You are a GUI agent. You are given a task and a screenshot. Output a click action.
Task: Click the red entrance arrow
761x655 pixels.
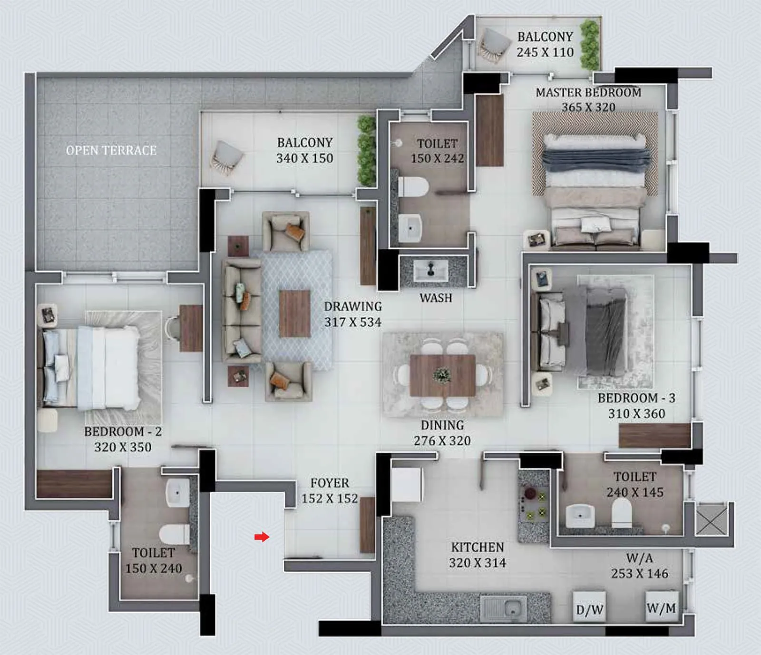coord(262,537)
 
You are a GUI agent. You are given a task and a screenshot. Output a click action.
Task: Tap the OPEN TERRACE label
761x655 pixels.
coord(111,150)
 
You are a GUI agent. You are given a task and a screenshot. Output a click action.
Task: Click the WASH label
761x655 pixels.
coord(436,298)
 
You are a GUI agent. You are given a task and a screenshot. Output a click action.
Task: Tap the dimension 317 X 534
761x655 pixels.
coord(353,322)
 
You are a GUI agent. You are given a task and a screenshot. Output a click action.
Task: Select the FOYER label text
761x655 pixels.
coord(330,483)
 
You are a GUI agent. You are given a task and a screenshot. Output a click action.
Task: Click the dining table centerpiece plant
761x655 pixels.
coord(442,375)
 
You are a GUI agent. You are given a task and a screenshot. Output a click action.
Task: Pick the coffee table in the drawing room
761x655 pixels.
coord(294,313)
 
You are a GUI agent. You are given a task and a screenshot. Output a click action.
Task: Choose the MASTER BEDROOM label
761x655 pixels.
coord(588,92)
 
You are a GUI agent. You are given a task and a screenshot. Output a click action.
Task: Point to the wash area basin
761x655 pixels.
coord(431,271)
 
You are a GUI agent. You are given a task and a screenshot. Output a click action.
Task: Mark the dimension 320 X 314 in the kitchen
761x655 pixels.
coord(477,563)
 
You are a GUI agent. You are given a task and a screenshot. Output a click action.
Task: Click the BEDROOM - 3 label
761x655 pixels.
coord(636,398)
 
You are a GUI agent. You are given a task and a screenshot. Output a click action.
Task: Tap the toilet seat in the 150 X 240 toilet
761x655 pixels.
coord(174,534)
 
